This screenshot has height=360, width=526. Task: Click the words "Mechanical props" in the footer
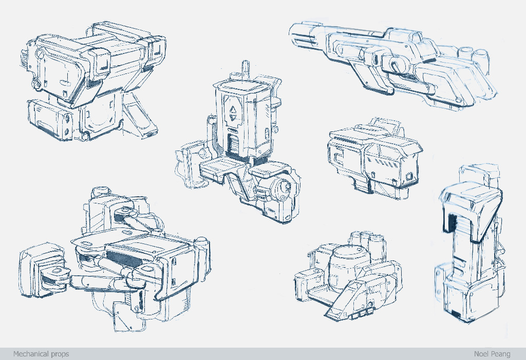tap(41, 354)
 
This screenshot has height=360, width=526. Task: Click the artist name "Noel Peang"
tap(492, 354)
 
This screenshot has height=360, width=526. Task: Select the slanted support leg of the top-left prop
tap(138, 114)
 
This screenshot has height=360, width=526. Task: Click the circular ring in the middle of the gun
tap(398, 65)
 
